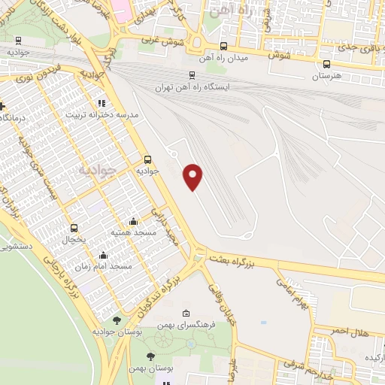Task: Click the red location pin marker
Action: point(194,177)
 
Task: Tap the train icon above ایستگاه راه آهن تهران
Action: point(192,75)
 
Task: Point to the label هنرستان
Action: point(326,77)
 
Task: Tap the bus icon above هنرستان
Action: point(326,65)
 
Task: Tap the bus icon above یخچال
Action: point(74,227)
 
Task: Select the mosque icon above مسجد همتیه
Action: point(133,221)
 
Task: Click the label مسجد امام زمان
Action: point(110,266)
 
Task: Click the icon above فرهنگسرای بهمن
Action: point(186,313)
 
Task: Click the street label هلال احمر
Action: point(350,331)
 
